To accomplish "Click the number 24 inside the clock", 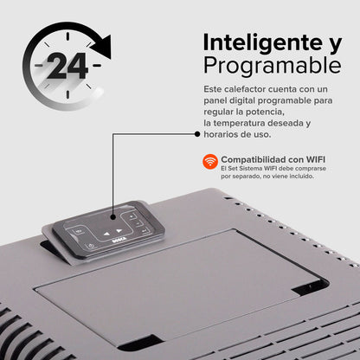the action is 67,66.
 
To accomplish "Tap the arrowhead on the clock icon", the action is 101,47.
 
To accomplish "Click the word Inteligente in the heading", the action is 263,43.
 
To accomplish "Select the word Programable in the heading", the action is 273,66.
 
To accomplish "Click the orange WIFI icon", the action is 210,161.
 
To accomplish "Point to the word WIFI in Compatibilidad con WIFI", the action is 315,159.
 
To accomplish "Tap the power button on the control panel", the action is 91,246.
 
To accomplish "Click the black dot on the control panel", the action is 113,217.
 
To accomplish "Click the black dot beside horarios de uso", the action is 197,134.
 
